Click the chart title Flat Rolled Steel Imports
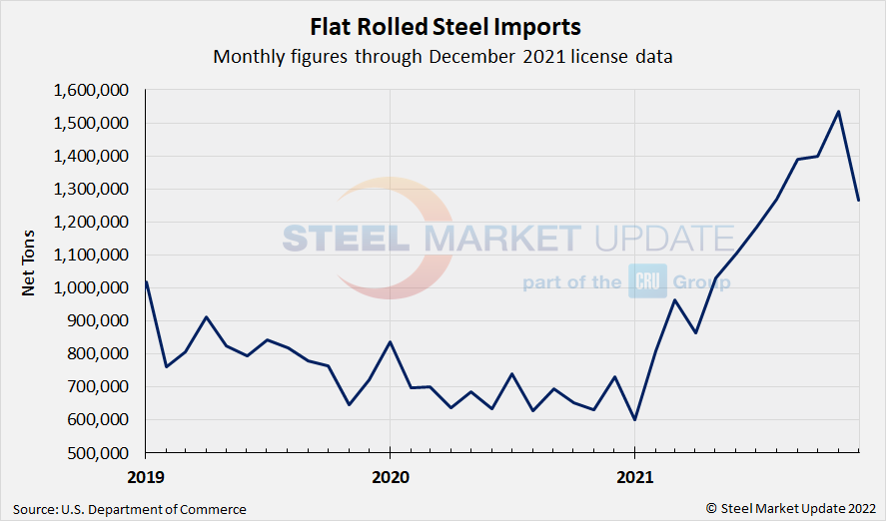tap(443, 25)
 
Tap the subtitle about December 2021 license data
tap(443, 57)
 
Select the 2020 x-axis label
tap(390, 478)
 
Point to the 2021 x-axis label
tap(635, 478)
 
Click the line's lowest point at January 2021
tap(635, 419)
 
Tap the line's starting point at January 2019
tap(146, 281)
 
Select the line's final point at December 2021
tap(859, 201)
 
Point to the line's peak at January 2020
tap(390, 342)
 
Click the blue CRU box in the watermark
tap(647, 281)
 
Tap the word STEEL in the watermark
tap(346, 239)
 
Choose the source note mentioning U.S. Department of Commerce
tap(130, 509)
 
